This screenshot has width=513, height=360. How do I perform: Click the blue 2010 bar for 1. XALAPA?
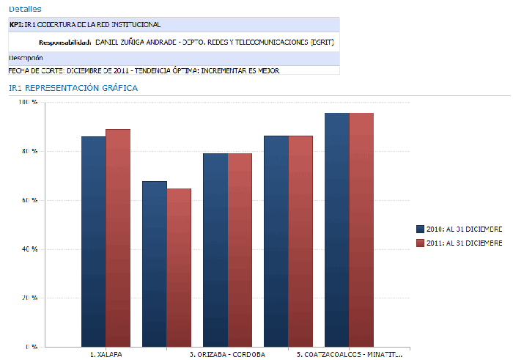[93, 241]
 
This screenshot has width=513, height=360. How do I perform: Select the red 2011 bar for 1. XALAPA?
[118, 238]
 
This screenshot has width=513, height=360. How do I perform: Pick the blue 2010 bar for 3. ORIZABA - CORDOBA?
[215, 249]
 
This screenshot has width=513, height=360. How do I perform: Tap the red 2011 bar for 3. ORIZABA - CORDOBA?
[240, 249]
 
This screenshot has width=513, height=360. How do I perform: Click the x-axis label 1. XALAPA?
[106, 354]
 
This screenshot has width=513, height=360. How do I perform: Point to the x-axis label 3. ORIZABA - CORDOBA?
[227, 354]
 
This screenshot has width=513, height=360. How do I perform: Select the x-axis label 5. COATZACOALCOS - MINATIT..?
[350, 354]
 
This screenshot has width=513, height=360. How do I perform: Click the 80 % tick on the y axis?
[29, 151]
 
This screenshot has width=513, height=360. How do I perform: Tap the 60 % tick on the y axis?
[29, 200]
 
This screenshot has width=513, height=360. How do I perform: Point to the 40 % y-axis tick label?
[29, 249]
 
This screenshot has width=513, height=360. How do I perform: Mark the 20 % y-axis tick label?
[29, 298]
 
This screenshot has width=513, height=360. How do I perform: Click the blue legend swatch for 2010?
[420, 229]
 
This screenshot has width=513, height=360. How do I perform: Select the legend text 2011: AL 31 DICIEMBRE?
[465, 243]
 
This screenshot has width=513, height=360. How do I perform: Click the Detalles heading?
[25, 9]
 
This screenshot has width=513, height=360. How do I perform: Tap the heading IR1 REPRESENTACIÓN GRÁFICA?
[73, 88]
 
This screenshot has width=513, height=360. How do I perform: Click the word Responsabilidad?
[64, 43]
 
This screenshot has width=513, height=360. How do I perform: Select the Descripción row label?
[26, 58]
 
